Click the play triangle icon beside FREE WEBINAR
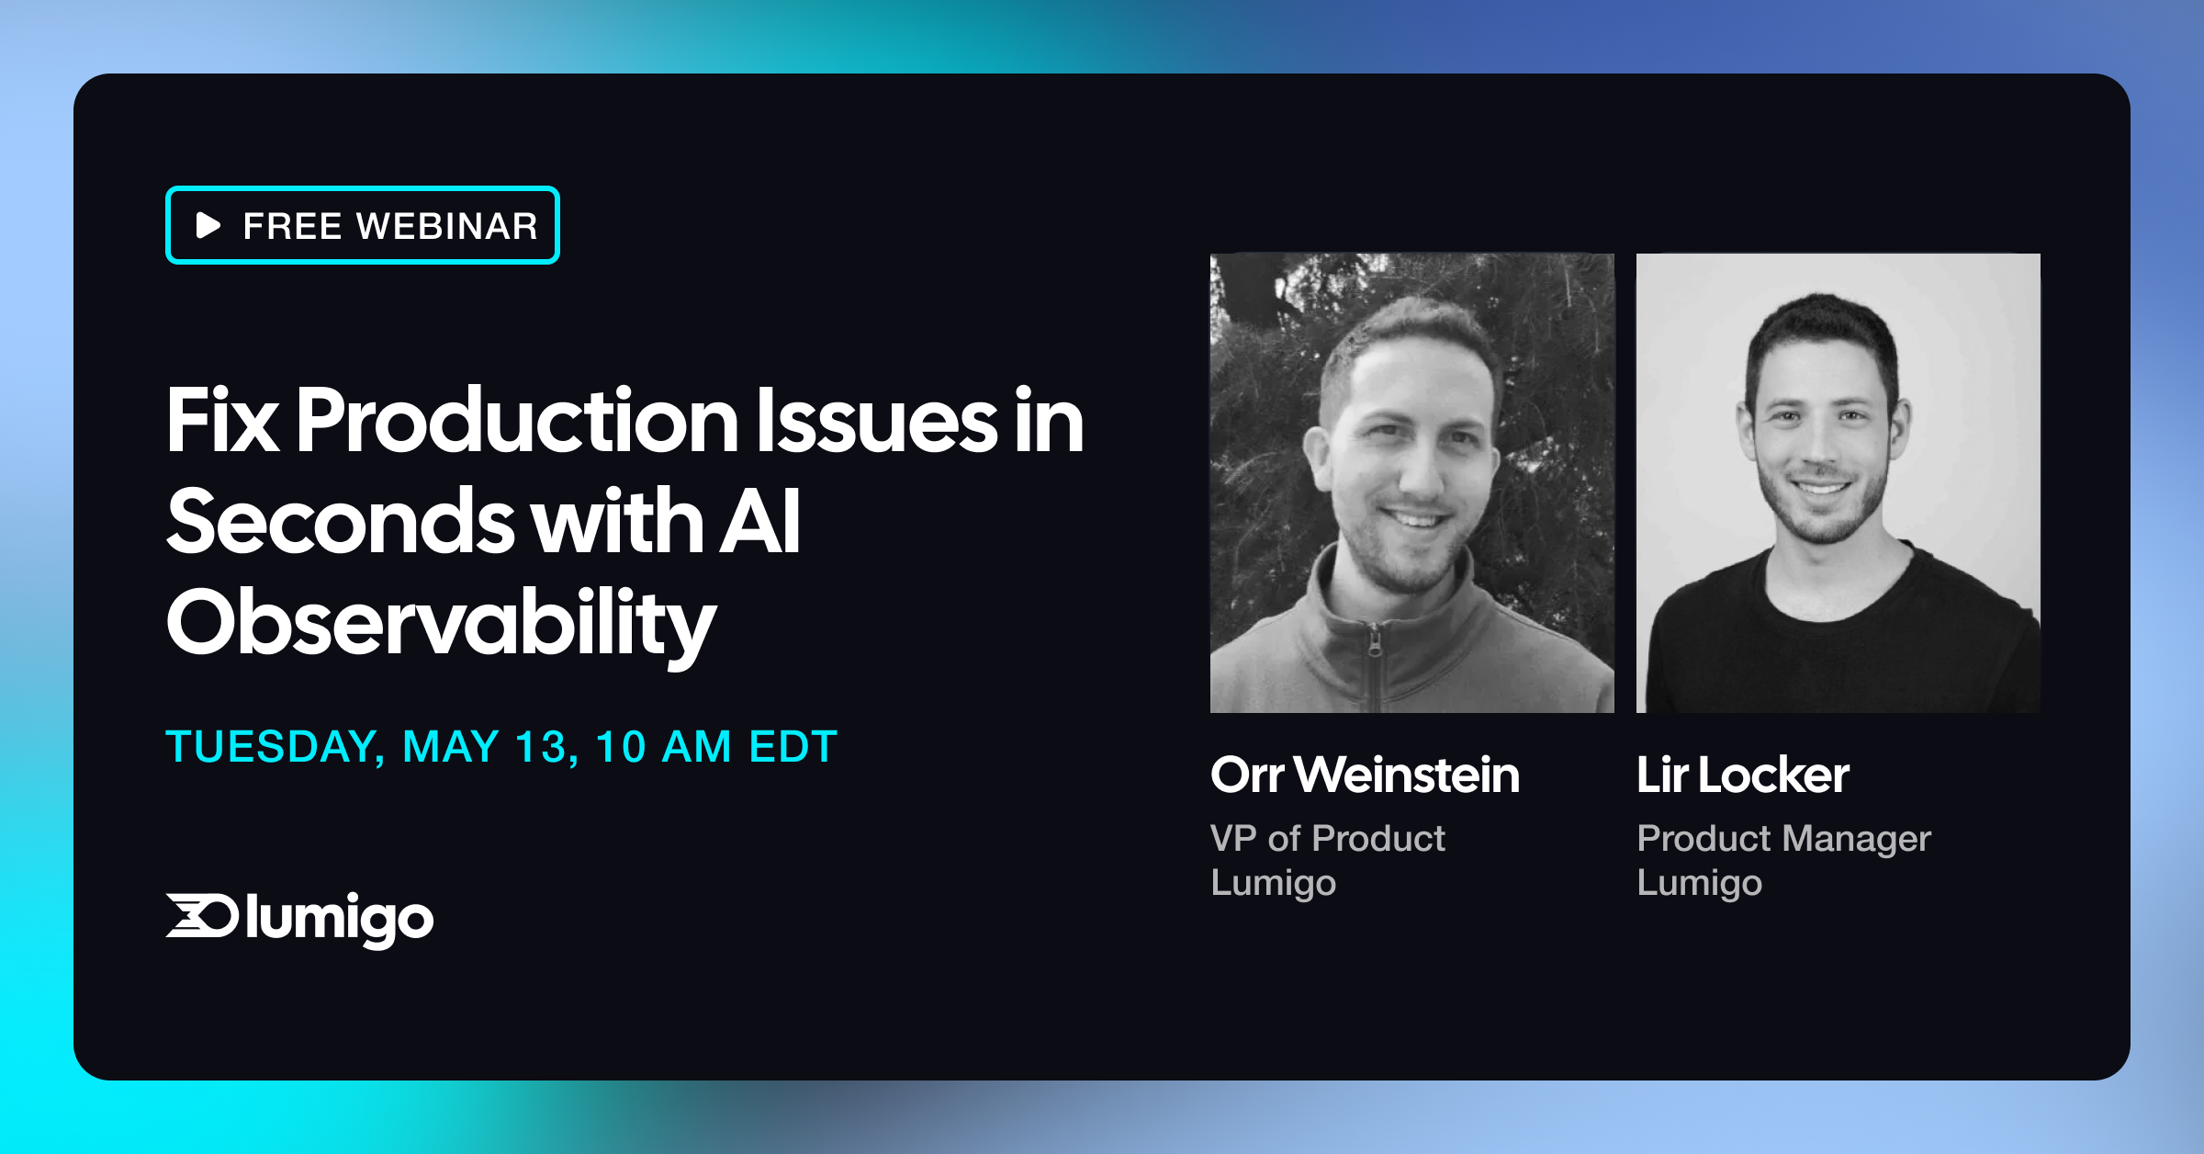[208, 225]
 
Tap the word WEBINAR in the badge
[447, 226]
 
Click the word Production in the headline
[517, 421]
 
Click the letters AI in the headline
[759, 522]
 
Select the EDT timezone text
[793, 747]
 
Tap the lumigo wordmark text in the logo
[339, 920]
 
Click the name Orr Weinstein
[1365, 775]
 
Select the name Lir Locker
[1742, 775]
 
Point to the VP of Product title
[1327, 838]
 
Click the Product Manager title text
[1783, 838]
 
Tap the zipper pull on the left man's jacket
[1375, 641]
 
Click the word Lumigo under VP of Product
[1273, 883]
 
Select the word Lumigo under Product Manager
[1699, 883]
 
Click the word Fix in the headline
[222, 421]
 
